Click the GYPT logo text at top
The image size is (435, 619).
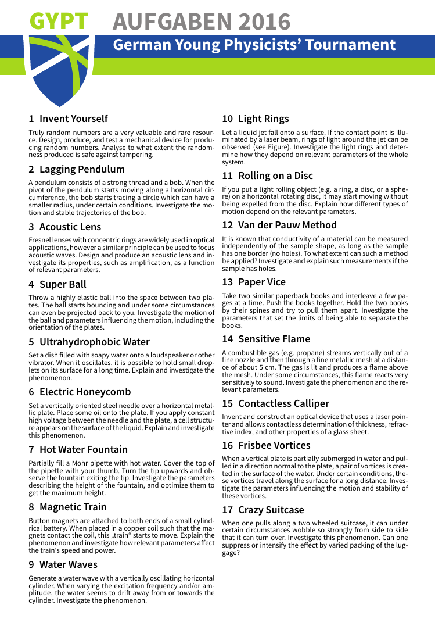pyautogui.click(x=59, y=22)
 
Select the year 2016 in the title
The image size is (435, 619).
pyautogui.click(x=262, y=22)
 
